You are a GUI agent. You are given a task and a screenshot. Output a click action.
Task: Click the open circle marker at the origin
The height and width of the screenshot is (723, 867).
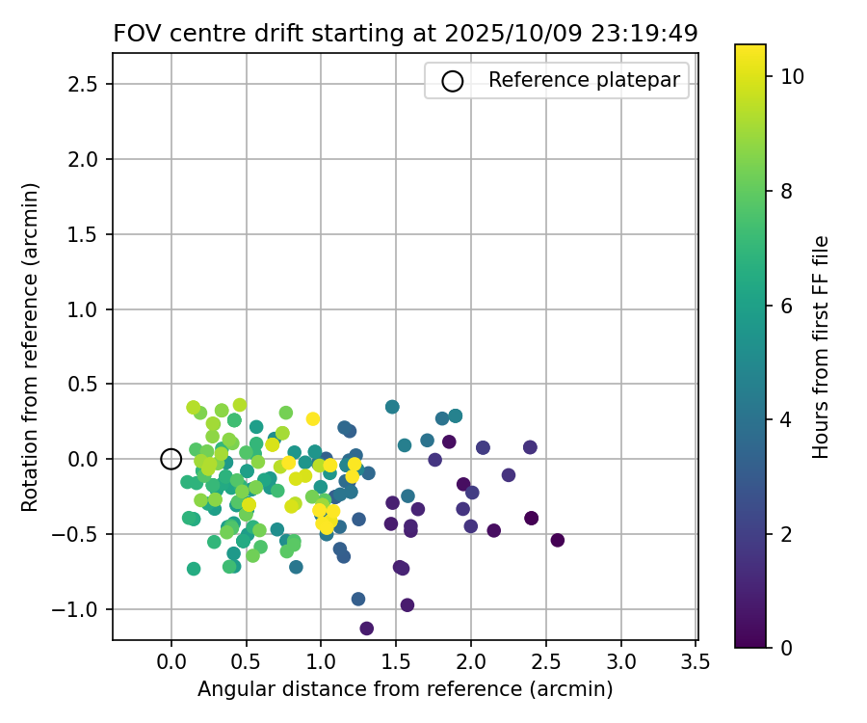pos(171,459)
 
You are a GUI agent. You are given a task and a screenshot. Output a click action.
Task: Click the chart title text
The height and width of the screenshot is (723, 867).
pos(405,34)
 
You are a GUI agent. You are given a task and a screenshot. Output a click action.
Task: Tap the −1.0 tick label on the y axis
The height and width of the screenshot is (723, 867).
pos(85,609)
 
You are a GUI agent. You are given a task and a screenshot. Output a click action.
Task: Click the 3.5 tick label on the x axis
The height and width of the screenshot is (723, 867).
pos(696,661)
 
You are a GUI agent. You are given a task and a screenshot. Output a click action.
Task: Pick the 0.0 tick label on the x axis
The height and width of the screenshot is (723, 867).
pos(171,661)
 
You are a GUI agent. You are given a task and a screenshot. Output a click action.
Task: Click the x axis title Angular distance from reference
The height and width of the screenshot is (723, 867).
pos(405,689)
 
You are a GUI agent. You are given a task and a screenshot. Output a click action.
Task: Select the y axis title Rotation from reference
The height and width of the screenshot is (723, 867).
pos(31,347)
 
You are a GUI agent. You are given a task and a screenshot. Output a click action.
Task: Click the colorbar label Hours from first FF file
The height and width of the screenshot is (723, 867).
pos(821,347)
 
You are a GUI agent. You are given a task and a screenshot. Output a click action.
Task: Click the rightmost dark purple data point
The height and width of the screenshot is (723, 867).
pos(557,540)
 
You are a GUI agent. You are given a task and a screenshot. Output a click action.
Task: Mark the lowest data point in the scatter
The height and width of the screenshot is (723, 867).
pos(366,629)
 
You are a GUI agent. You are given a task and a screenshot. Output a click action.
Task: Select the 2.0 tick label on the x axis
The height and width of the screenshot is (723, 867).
pos(471,661)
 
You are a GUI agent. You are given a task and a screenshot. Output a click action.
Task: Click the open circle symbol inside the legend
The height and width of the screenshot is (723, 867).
pos(453,81)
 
